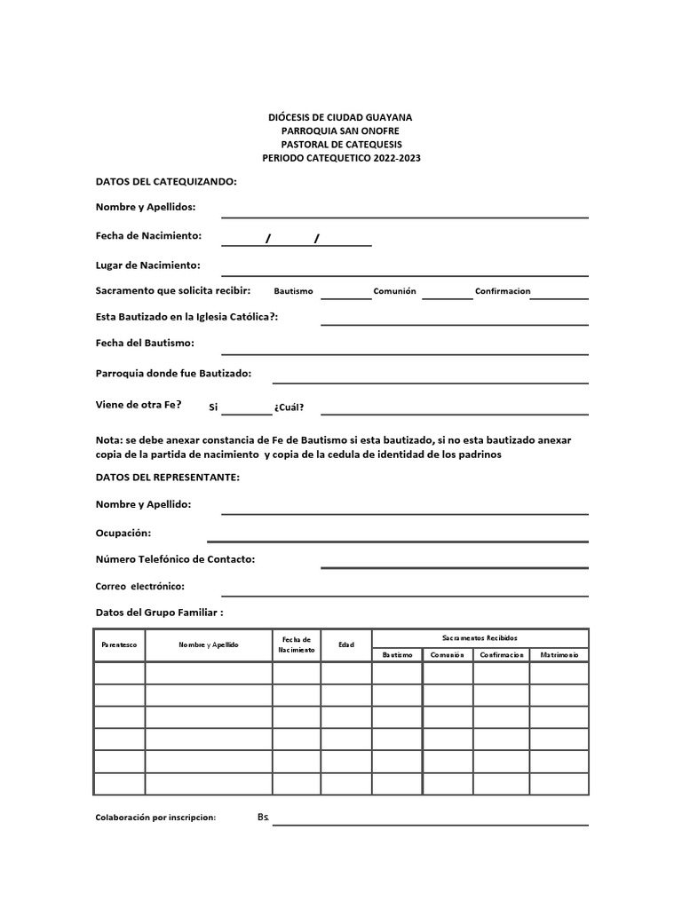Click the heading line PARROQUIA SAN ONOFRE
coord(340,130)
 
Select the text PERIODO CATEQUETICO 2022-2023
coord(340,157)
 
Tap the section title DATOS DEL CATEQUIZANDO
coord(166,181)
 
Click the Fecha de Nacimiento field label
coord(148,236)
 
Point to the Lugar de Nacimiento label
coord(147,265)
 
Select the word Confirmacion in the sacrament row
coord(503,291)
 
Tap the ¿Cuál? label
coord(289,407)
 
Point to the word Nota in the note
coord(108,440)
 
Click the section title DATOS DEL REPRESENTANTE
coord(167,478)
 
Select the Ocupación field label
coord(123,534)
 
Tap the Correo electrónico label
coord(139,587)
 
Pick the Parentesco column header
coord(119,645)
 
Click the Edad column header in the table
coord(345,645)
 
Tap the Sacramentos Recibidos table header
coord(480,638)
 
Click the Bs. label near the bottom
coord(263,817)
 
